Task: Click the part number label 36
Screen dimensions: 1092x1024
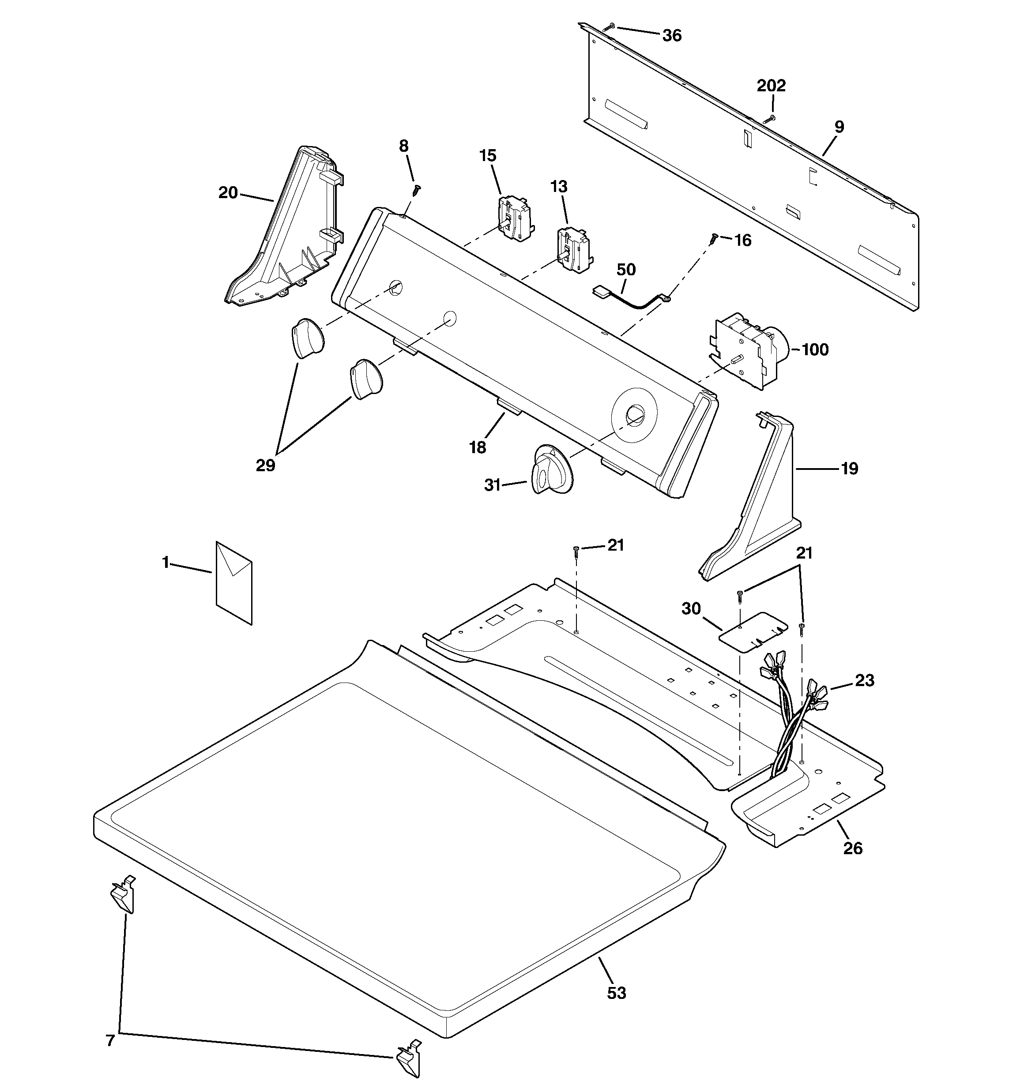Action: pyautogui.click(x=672, y=36)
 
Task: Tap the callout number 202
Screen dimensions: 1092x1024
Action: pyautogui.click(x=771, y=86)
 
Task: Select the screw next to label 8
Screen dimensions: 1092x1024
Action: pyautogui.click(x=417, y=190)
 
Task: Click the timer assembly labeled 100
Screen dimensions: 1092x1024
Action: pyautogui.click(x=748, y=350)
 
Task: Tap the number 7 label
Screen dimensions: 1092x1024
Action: pyautogui.click(x=110, y=1040)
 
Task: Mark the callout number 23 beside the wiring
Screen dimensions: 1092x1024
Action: pyautogui.click(x=865, y=681)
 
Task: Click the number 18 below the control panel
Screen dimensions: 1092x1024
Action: pyautogui.click(x=478, y=448)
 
